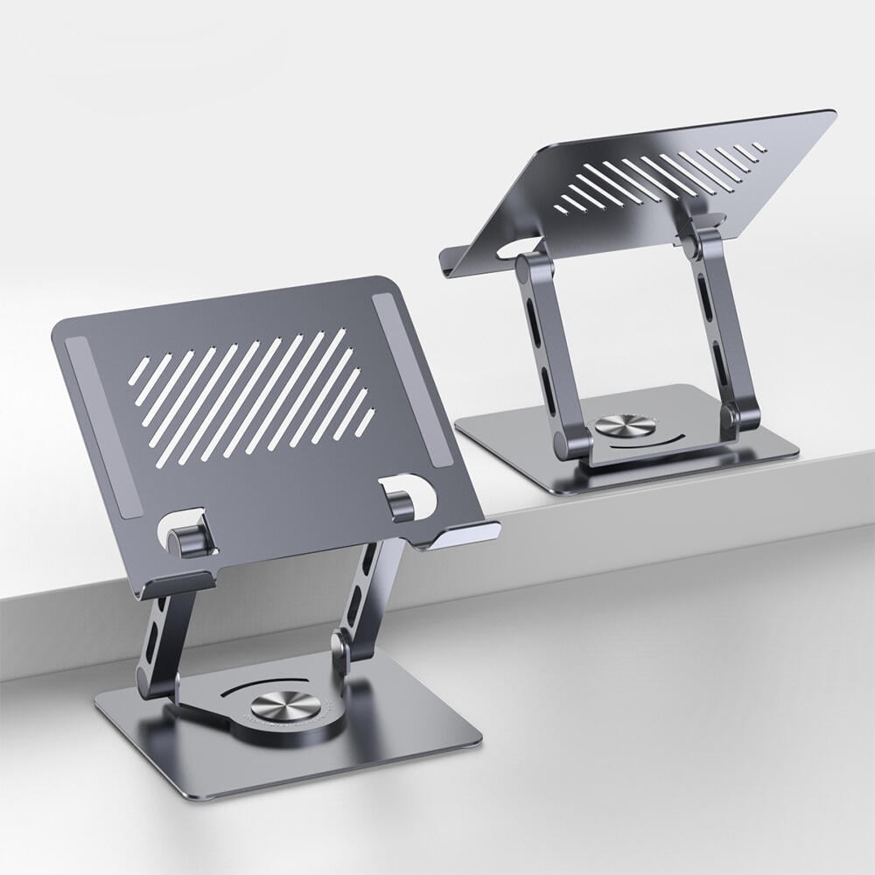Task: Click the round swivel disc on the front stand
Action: click(279, 707)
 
